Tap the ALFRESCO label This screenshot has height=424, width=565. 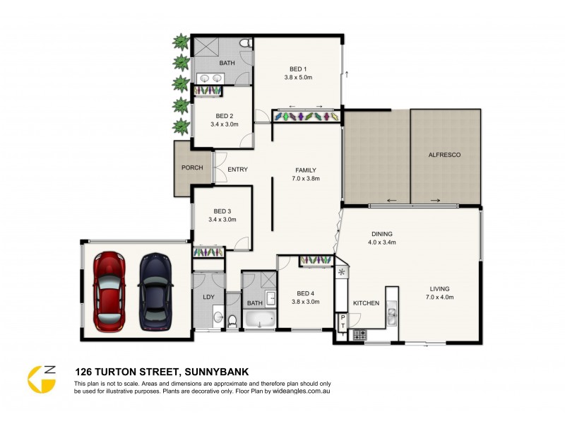click(445, 154)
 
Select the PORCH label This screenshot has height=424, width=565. click(192, 168)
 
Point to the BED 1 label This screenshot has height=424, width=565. click(299, 68)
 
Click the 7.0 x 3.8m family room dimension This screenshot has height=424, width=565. click(306, 179)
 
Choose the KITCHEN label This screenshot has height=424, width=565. click(367, 303)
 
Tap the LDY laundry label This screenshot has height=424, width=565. click(208, 298)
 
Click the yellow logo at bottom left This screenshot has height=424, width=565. click(42, 378)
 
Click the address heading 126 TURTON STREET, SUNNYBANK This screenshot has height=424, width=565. click(162, 371)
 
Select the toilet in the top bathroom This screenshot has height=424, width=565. click(244, 44)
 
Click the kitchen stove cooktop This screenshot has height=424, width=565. click(360, 334)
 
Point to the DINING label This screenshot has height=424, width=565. click(382, 233)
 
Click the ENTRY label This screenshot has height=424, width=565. click(237, 169)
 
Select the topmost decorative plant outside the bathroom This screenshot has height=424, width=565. click(182, 40)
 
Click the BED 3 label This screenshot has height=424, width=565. click(222, 211)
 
